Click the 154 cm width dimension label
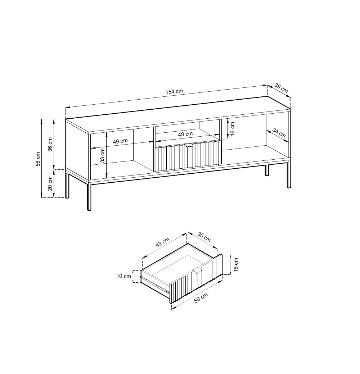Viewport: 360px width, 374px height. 174,91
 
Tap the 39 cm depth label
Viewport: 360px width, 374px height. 281,88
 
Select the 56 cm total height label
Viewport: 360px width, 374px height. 38,159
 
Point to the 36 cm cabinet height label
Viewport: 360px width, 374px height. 50,144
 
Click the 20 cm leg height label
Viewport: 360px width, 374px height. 50,183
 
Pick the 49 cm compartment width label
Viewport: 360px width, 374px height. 120,141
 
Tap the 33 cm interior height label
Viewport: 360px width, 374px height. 102,155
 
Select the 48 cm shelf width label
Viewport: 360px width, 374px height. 185,134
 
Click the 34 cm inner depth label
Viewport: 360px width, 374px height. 279,133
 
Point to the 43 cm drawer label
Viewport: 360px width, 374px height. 163,242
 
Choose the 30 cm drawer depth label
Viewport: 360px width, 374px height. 204,237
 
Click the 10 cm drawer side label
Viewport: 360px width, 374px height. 124,276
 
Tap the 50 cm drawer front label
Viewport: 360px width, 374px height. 201,298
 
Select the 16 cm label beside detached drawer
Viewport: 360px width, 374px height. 236,265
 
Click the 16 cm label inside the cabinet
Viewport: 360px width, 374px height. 233,128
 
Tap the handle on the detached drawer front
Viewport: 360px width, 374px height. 197,271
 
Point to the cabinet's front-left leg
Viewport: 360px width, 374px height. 89,195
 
